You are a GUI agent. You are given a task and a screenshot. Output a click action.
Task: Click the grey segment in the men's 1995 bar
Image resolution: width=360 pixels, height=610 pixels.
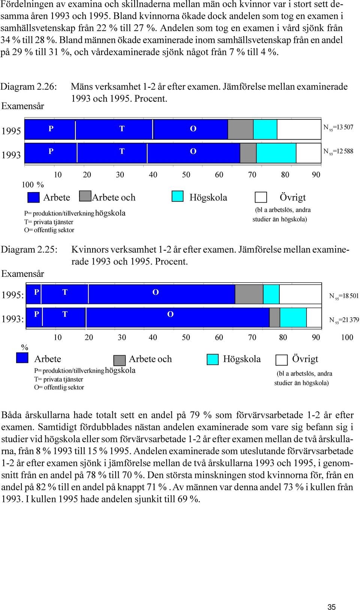(240, 129)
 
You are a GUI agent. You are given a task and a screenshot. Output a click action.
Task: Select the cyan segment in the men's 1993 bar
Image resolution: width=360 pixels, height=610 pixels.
(276, 153)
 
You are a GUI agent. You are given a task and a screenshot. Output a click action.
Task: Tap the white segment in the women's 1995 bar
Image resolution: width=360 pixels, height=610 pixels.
(300, 294)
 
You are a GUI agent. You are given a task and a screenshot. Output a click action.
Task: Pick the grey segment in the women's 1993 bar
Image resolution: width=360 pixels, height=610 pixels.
(274, 317)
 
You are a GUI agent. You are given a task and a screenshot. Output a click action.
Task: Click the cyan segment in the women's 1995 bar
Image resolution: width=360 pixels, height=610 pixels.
(271, 294)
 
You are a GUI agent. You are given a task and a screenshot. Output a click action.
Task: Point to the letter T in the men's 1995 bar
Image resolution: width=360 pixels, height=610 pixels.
(122, 129)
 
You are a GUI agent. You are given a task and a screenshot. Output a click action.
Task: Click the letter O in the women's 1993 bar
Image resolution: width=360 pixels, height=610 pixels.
(170, 314)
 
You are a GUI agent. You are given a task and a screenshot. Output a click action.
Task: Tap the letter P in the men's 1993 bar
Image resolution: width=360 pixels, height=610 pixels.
(51, 151)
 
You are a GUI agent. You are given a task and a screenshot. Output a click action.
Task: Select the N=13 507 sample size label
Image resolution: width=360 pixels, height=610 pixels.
(338, 128)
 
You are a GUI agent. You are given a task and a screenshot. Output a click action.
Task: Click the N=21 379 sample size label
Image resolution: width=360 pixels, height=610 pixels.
(344, 320)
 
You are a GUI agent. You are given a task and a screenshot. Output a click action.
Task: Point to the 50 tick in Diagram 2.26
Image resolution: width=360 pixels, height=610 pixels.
(186, 174)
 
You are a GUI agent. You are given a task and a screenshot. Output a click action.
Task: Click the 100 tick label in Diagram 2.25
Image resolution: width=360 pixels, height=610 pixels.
(347, 337)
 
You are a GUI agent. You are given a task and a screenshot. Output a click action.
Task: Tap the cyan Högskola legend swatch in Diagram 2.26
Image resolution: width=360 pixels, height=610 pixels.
(178, 196)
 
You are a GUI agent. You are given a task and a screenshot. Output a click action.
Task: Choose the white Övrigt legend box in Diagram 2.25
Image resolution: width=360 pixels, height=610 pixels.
(282, 360)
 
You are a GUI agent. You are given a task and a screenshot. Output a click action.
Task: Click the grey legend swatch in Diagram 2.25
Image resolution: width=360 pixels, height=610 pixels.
(120, 360)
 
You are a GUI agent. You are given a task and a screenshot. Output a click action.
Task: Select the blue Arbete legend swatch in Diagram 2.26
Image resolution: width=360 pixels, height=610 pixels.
(33, 197)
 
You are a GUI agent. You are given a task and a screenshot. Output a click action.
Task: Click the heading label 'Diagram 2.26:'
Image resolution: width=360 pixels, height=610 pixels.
(28, 87)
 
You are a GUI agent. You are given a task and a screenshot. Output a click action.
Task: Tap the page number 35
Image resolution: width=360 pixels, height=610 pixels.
(331, 607)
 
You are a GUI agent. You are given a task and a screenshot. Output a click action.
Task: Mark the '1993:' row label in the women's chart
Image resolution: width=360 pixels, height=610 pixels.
(12, 319)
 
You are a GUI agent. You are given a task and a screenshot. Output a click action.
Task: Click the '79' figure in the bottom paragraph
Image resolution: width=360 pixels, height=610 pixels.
(195, 415)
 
